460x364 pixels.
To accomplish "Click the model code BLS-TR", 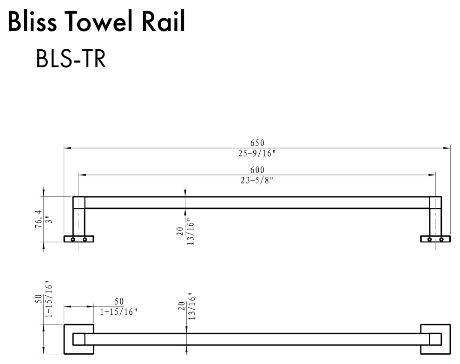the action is tap(71, 59).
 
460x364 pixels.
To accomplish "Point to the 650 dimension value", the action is tap(257, 143).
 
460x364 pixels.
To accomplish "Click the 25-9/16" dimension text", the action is tap(257, 153).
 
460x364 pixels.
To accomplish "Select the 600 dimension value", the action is tap(257, 169).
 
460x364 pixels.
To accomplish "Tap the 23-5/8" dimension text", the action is tap(257, 180).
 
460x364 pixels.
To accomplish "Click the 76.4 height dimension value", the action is tap(39, 219).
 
